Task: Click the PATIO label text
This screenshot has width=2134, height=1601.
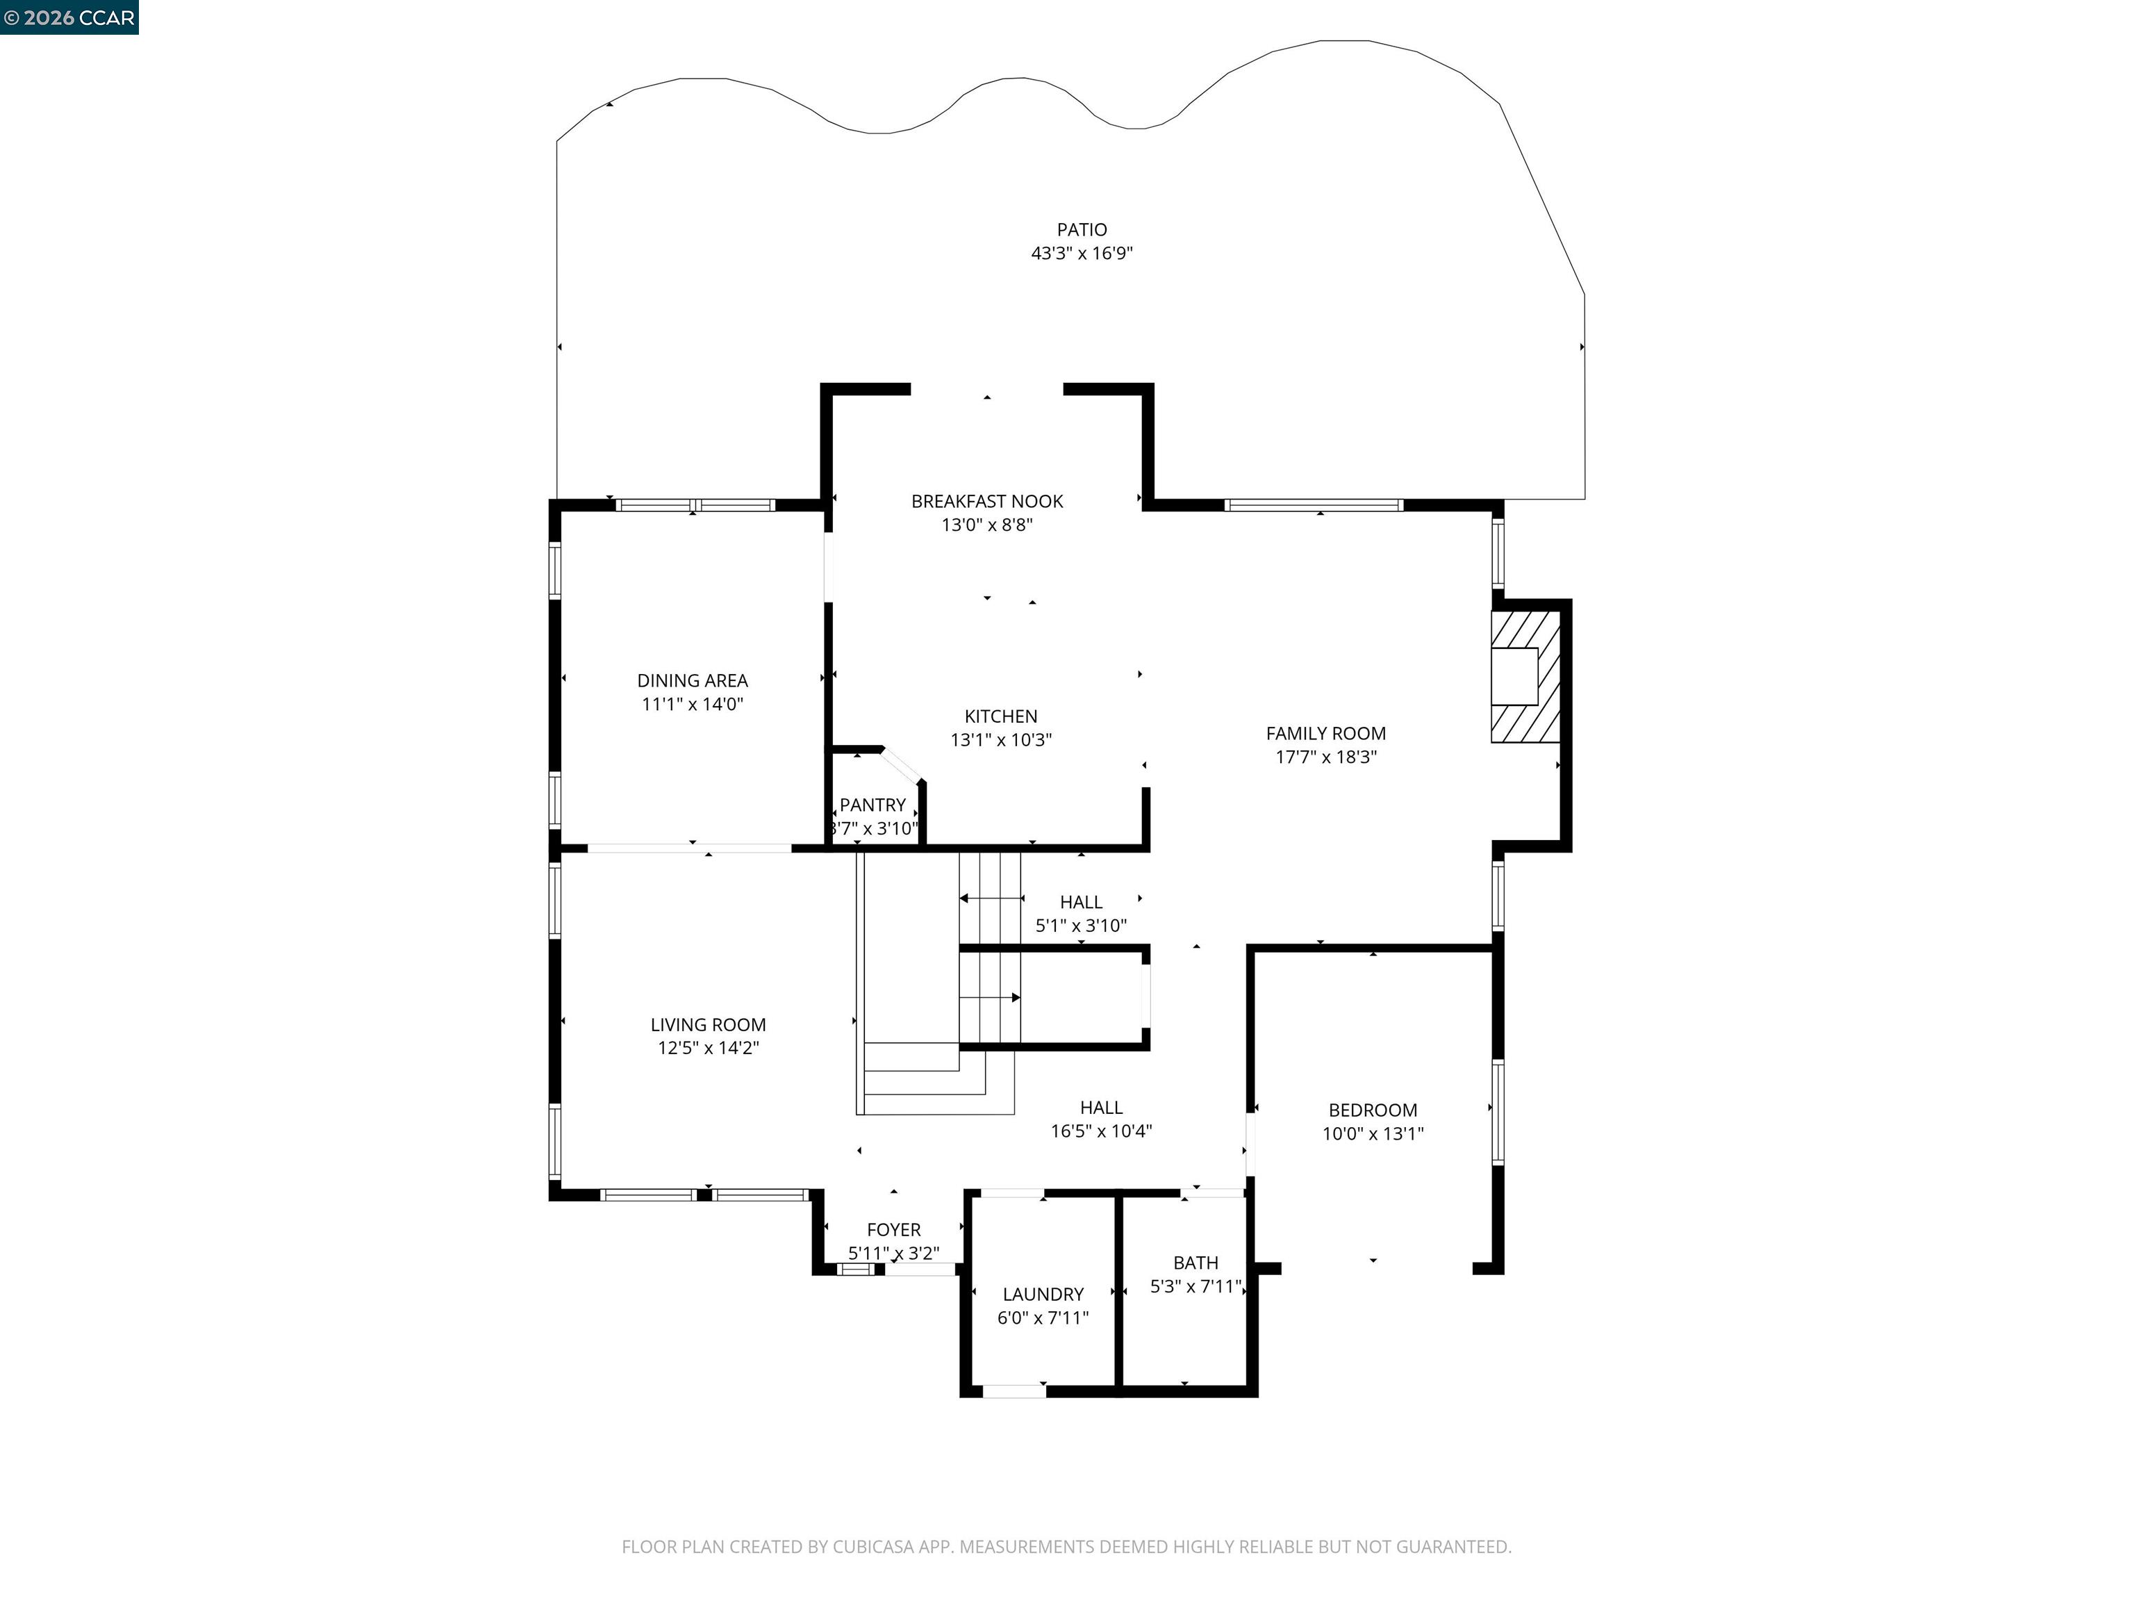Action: pyautogui.click(x=1082, y=230)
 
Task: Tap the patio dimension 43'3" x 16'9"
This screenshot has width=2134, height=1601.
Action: pyautogui.click(x=1082, y=254)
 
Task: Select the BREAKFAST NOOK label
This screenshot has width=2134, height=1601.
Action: pyautogui.click(x=987, y=502)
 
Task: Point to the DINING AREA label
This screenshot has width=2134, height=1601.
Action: pyautogui.click(x=692, y=681)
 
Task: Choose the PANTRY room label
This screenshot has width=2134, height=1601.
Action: pyautogui.click(x=872, y=805)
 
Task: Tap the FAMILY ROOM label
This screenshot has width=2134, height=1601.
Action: pyautogui.click(x=1325, y=733)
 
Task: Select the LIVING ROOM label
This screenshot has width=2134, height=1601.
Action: pyautogui.click(x=707, y=1025)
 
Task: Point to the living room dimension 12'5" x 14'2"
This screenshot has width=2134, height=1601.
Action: pyautogui.click(x=707, y=1048)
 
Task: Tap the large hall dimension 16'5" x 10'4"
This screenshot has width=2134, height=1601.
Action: pyautogui.click(x=1101, y=1131)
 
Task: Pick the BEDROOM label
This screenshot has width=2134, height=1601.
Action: pyautogui.click(x=1372, y=1110)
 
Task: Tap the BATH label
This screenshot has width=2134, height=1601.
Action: pyautogui.click(x=1196, y=1263)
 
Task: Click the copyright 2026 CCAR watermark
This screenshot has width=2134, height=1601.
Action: pyautogui.click(x=69, y=17)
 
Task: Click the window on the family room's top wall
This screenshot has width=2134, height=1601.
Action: pyautogui.click(x=1312, y=504)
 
